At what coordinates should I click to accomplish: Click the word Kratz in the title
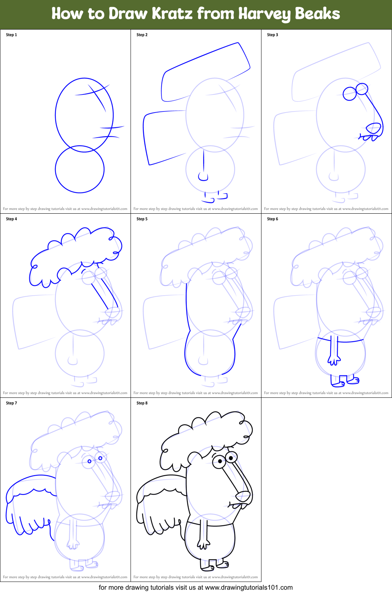point(172,14)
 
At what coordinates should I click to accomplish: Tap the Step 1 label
point(11,35)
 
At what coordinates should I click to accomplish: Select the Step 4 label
point(11,219)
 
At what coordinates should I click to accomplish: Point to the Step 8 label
point(142,403)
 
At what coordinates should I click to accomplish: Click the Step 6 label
point(273,219)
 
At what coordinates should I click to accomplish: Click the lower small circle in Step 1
point(80,169)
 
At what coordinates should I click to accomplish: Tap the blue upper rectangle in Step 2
point(207,70)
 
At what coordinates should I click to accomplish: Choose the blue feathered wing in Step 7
point(30,502)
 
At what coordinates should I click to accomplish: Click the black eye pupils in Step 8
point(225,460)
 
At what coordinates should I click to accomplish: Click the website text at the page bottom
point(195,587)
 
